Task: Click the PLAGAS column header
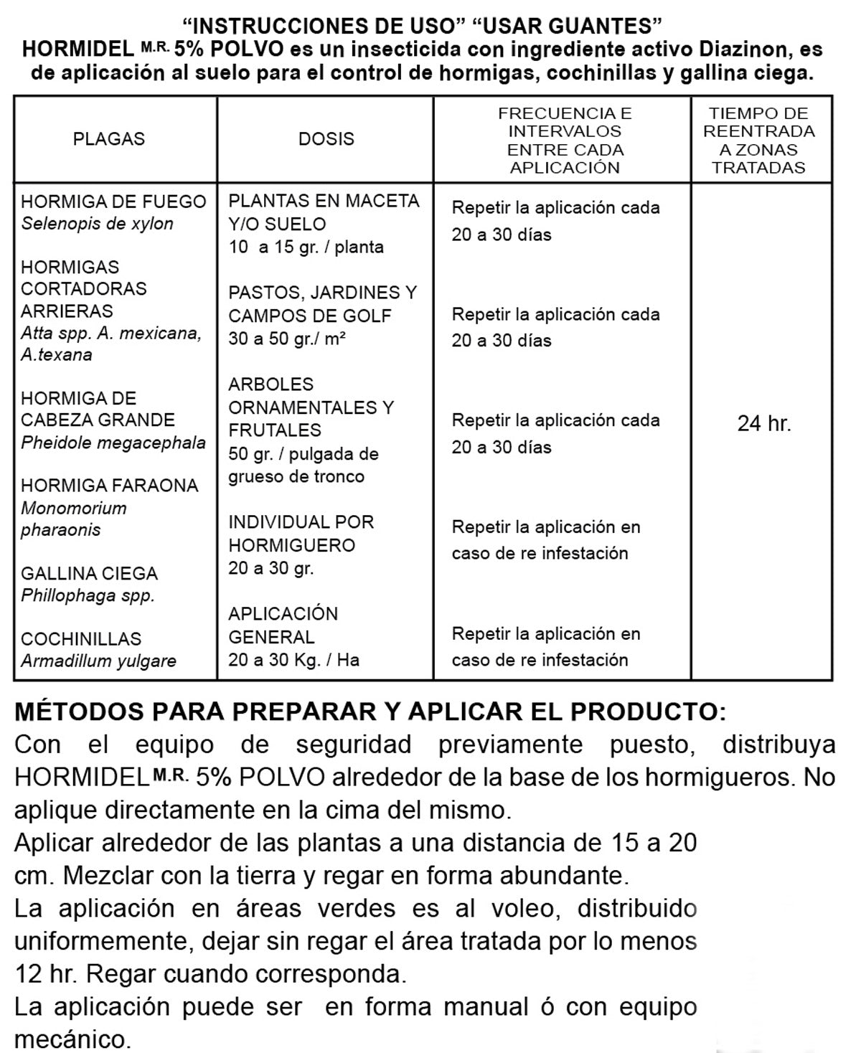(109, 139)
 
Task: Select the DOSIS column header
(326, 139)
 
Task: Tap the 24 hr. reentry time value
(764, 424)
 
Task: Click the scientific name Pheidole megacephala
(113, 443)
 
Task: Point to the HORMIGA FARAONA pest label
(110, 486)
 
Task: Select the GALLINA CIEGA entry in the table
(89, 574)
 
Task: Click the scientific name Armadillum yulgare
(98, 661)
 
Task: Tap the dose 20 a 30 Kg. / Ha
(293, 660)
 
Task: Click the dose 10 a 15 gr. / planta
(306, 247)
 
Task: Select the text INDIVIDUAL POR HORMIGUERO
(301, 534)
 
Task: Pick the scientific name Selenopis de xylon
(97, 224)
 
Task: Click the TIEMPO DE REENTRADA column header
(759, 141)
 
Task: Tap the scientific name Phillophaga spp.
(88, 595)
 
